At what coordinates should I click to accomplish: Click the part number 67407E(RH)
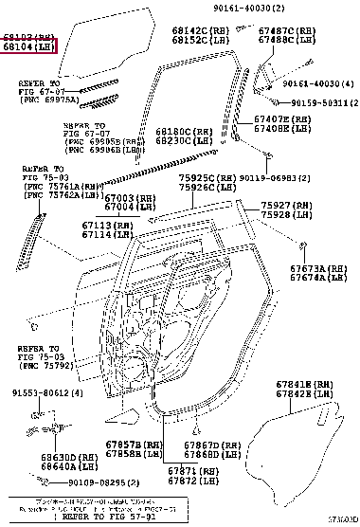point(283,119)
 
